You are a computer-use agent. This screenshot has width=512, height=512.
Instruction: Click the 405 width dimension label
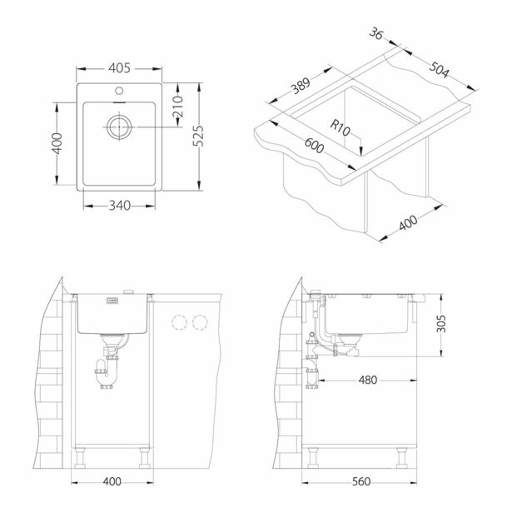pos(119,68)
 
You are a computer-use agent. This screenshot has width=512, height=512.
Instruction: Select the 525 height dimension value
pos(198,136)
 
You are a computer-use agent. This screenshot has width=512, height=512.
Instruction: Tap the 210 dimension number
pos(178,107)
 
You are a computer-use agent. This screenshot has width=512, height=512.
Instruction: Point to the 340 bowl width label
pos(120,206)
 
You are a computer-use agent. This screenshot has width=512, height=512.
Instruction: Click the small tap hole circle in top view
pos(119,91)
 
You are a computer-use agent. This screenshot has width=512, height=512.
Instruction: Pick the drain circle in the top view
pos(119,127)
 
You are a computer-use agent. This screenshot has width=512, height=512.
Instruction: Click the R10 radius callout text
pos(340,128)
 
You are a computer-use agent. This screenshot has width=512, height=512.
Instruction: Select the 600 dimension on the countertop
pos(314,146)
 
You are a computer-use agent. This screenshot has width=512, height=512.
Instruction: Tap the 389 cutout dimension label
pos(301,86)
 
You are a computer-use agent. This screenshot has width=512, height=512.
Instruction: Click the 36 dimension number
pos(375,33)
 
